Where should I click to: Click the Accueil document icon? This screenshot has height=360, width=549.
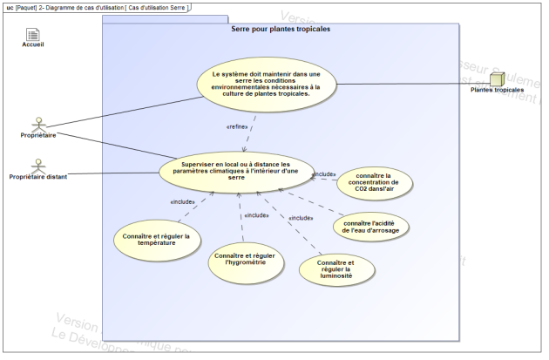click(x=33, y=34)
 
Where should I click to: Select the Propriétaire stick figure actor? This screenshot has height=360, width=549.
click(x=37, y=123)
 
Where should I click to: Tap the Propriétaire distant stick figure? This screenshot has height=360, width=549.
click(x=37, y=165)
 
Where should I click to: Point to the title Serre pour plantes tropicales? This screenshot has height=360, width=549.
click(x=280, y=29)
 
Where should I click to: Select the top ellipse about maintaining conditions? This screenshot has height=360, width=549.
click(x=266, y=84)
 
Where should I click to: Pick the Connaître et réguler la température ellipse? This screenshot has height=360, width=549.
click(x=157, y=239)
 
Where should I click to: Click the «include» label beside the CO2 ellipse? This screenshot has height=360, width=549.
click(x=324, y=173)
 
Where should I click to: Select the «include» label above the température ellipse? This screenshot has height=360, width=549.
click(x=183, y=203)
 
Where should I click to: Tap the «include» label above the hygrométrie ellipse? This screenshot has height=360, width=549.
click(x=255, y=215)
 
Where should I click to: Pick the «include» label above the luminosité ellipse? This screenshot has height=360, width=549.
click(x=301, y=218)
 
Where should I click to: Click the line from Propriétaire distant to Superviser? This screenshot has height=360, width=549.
click(x=113, y=173)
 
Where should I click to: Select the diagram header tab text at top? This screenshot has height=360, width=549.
click(x=96, y=7)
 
